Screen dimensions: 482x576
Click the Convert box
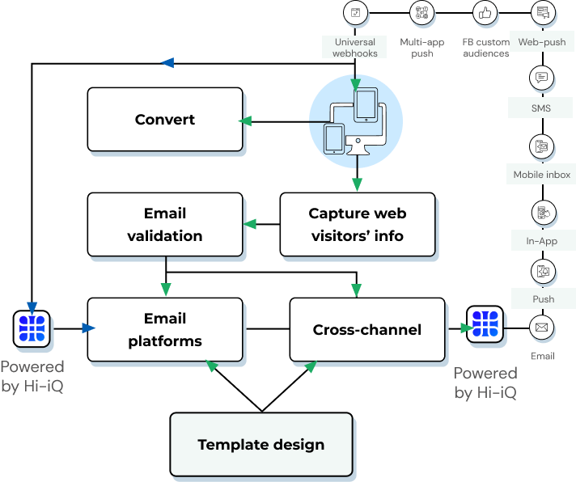click(165, 120)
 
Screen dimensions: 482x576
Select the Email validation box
click(165, 225)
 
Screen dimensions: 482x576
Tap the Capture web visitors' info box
click(357, 225)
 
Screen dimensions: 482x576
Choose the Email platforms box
click(165, 329)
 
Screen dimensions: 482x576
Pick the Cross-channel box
click(366, 329)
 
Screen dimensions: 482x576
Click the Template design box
click(261, 444)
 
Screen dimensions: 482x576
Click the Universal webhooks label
click(354, 48)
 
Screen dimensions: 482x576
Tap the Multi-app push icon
click(421, 12)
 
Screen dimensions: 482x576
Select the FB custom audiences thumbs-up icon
click(485, 12)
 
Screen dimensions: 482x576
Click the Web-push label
click(542, 42)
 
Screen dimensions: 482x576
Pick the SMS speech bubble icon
click(541, 78)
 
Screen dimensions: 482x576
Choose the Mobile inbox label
click(542, 175)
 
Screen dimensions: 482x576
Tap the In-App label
click(542, 241)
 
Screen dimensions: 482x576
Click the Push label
click(543, 299)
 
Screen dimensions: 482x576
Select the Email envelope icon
click(542, 328)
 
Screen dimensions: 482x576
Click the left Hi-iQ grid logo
click(33, 328)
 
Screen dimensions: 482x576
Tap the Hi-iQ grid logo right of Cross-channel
click(485, 323)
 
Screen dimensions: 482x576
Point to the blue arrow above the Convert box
click(167, 62)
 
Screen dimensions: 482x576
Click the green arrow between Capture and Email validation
click(250, 224)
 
